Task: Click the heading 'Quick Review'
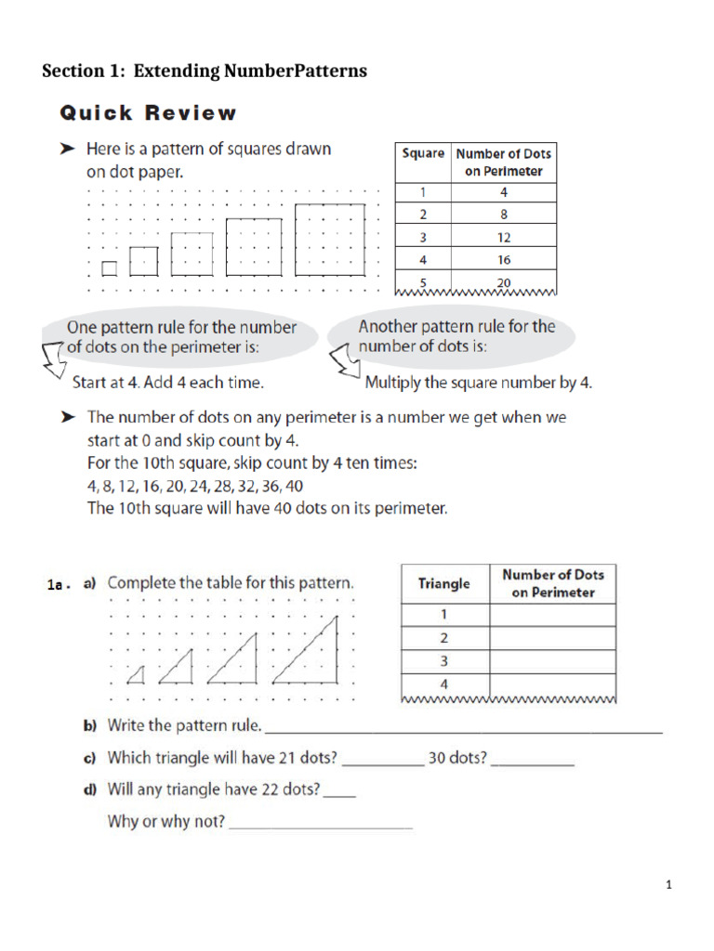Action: (149, 113)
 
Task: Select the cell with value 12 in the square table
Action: (504, 237)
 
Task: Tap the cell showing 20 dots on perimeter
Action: (504, 281)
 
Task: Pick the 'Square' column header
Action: (423, 153)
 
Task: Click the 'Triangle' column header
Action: (444, 584)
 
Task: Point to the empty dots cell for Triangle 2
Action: (552, 638)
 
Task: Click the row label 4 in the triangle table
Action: (444, 685)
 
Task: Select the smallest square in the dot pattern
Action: (110, 268)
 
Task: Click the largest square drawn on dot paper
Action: (330, 240)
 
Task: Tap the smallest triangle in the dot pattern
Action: (137, 672)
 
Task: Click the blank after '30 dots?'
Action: (532, 762)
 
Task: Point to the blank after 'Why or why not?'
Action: (320, 826)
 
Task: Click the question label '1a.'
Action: (59, 585)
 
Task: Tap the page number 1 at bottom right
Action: (668, 885)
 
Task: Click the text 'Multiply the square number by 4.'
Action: (478, 382)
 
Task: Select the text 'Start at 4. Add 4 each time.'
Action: (168, 382)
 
